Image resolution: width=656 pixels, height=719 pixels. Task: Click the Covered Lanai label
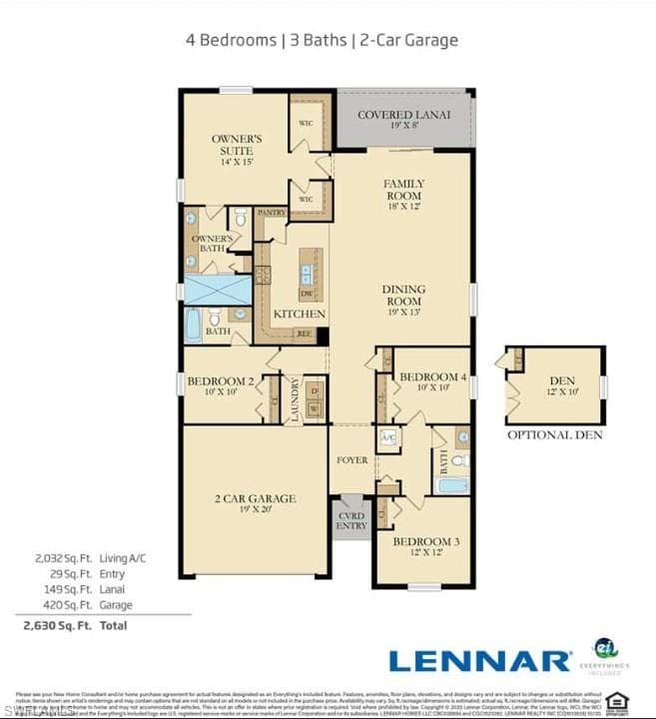[403, 114]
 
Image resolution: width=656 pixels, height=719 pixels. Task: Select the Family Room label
[403, 190]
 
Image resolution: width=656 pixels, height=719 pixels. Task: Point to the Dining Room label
[403, 295]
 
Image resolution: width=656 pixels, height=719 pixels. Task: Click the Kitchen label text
[300, 314]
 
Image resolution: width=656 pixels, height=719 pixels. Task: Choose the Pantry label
[272, 213]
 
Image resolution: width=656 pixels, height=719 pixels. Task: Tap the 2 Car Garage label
[256, 498]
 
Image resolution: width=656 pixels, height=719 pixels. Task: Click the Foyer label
[351, 460]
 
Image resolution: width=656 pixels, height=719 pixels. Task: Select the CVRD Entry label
[351, 519]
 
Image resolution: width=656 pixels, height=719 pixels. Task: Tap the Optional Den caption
[555, 434]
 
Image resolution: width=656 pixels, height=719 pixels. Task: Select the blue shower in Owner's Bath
[217, 290]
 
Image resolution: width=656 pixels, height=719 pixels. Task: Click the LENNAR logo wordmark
[479, 660]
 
